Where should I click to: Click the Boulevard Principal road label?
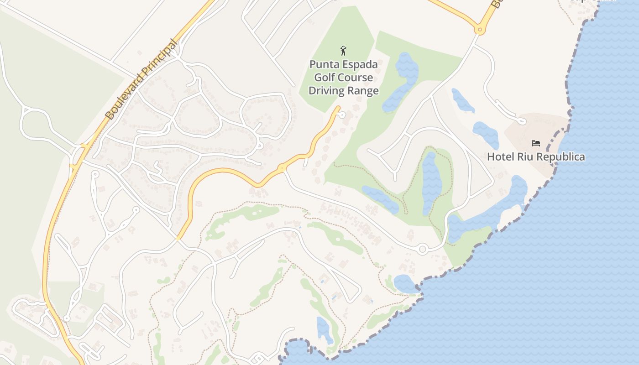click(142, 79)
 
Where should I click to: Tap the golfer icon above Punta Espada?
click(344, 51)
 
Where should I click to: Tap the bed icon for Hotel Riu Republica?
click(536, 143)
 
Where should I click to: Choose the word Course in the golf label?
click(356, 78)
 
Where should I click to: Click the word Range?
click(363, 91)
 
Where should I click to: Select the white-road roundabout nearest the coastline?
click(422, 250)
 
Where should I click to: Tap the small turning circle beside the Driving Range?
click(342, 115)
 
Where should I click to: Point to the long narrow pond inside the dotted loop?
click(431, 182)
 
